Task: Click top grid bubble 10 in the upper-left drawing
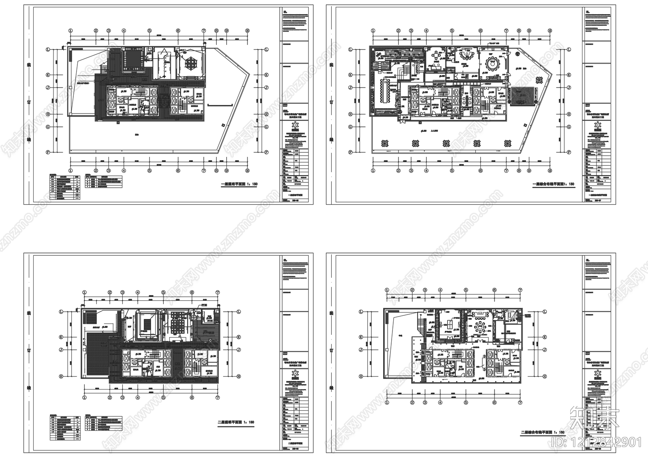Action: pyautogui.click(x=247, y=30)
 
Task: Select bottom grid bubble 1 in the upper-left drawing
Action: pyautogui.click(x=70, y=171)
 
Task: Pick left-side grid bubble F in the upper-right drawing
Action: pyautogui.click(x=350, y=152)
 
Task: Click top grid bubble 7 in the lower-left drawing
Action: pyautogui.click(x=217, y=292)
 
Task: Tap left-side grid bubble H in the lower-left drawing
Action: pyautogui.click(x=61, y=376)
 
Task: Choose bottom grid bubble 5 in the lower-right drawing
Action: pyautogui.click(x=466, y=403)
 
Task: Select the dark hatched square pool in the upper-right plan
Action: pyautogui.click(x=523, y=97)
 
